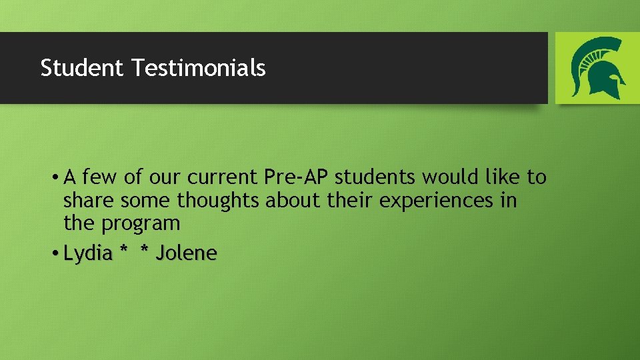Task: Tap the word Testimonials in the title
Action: (x=199, y=68)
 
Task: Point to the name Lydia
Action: (x=88, y=254)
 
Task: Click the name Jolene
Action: (x=187, y=254)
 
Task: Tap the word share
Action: (x=87, y=200)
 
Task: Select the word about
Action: (x=287, y=200)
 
